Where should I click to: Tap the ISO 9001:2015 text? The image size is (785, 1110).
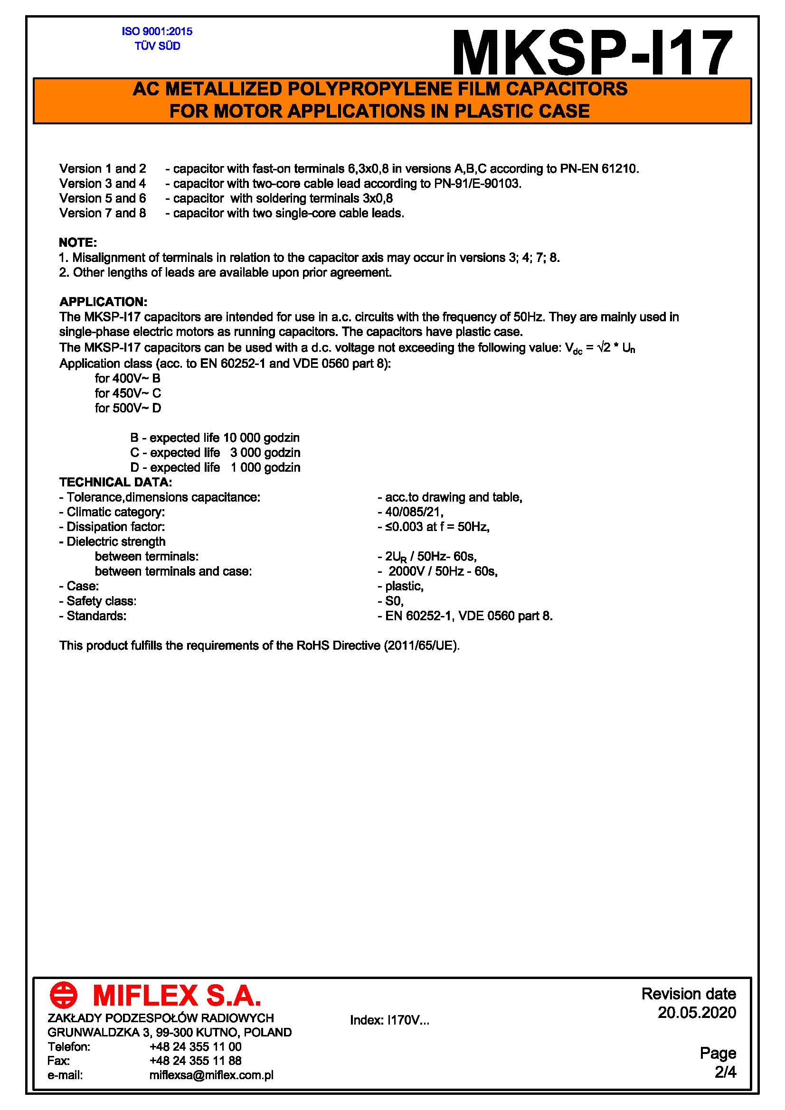(x=157, y=31)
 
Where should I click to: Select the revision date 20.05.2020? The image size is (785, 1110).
(x=697, y=1012)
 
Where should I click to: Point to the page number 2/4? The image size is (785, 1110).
(x=725, y=1072)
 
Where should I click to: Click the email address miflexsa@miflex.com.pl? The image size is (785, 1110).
(x=211, y=1075)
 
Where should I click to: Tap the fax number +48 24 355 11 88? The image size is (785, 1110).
(x=195, y=1060)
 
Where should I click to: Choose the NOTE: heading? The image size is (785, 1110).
(x=78, y=242)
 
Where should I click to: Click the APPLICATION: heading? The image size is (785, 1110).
(x=103, y=302)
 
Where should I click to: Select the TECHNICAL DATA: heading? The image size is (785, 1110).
(x=115, y=482)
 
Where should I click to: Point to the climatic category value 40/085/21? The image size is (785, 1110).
(x=414, y=512)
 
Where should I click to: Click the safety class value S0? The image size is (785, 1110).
(x=394, y=601)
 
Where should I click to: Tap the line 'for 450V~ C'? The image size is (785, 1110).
(x=128, y=393)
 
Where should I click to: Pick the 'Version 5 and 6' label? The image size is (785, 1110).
(x=103, y=198)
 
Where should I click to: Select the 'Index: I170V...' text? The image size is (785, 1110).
(x=389, y=1020)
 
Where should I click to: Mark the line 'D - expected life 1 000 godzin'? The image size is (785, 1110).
(x=215, y=467)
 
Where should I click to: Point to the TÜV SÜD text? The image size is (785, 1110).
(x=157, y=46)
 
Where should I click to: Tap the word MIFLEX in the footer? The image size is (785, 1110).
(x=145, y=996)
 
